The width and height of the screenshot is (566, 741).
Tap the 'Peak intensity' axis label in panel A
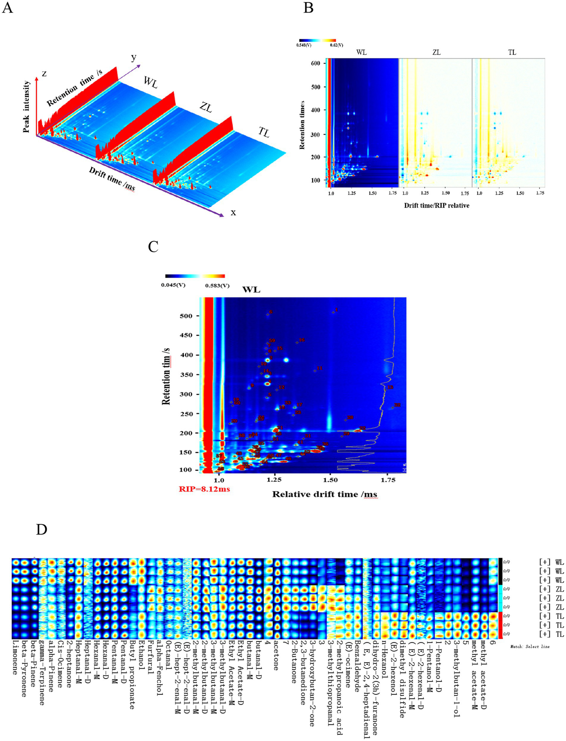26,107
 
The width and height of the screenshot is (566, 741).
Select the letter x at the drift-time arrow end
233,212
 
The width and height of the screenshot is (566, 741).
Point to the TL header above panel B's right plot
512,52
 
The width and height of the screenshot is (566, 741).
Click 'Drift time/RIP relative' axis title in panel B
437,205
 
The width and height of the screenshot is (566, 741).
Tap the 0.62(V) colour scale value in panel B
336,45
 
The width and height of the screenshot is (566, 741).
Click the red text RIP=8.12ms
204,489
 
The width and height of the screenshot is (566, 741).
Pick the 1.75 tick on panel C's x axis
388,480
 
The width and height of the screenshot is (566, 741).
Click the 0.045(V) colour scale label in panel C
173,285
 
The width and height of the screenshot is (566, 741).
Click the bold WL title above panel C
251,290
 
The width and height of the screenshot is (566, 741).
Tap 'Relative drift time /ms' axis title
324,494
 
